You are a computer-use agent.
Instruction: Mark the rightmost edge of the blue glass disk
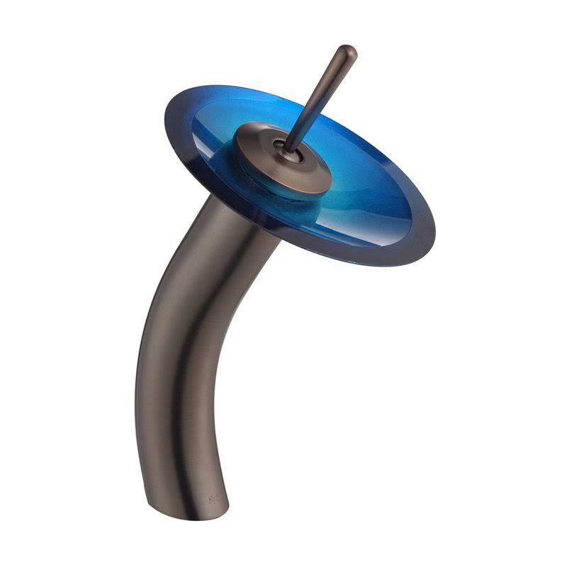[434, 234]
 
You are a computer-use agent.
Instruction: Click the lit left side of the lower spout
[152, 425]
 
